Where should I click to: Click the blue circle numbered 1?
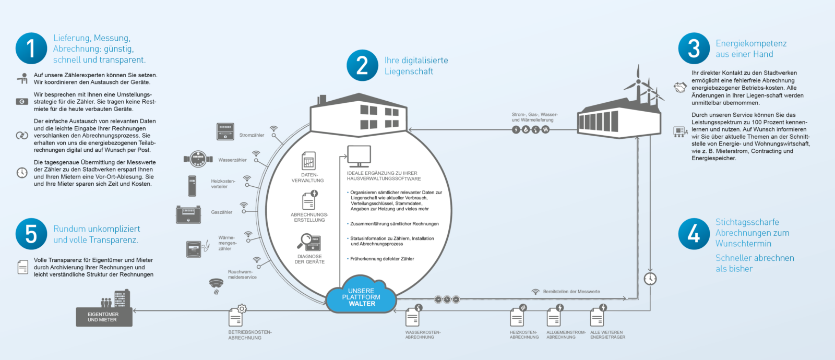click(31, 49)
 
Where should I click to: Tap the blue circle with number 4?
click(694, 234)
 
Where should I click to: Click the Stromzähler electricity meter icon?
click(225, 131)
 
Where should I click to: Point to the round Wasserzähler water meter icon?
click(198, 159)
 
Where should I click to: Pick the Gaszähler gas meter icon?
click(188, 214)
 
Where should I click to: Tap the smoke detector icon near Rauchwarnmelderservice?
click(216, 286)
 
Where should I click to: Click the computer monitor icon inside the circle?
click(359, 157)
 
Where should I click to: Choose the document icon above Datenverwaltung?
click(308, 161)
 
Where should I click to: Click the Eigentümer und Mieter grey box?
click(104, 317)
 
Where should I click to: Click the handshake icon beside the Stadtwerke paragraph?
click(680, 88)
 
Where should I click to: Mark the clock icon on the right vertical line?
click(650, 279)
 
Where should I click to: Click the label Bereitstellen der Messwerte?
click(571, 292)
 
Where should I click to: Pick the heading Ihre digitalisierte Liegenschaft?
click(416, 66)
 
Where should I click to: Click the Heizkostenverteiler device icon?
click(192, 186)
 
